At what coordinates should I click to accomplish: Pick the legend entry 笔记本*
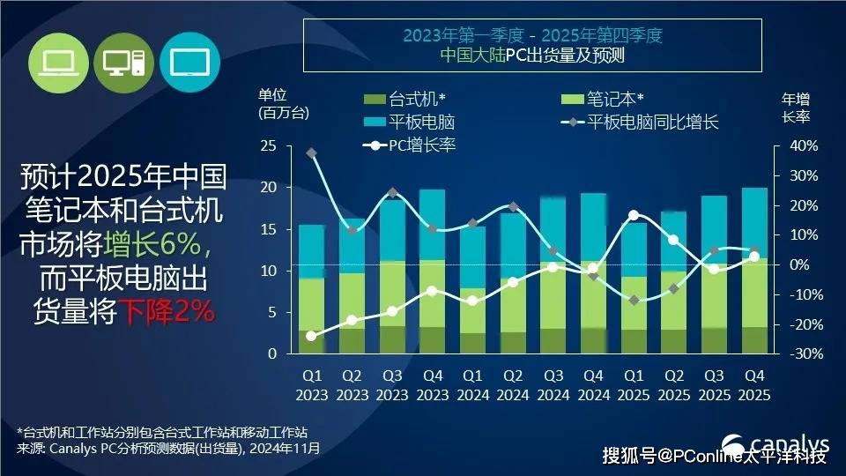click(608, 100)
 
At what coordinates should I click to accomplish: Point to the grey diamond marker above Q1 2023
click(311, 152)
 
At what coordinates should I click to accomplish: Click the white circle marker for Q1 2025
click(634, 215)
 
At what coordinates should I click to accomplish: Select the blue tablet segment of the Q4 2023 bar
click(432, 225)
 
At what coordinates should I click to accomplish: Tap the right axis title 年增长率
click(795, 107)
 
